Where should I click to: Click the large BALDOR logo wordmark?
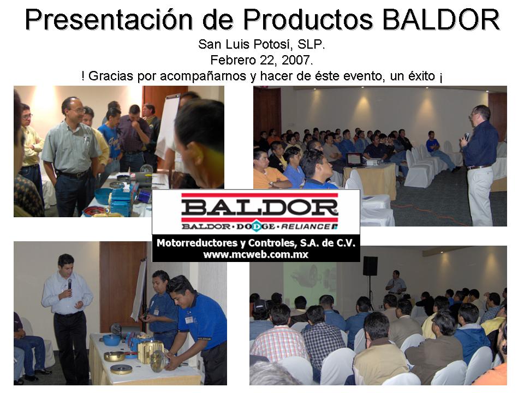(260, 208)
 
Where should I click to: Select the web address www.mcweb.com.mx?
(255, 254)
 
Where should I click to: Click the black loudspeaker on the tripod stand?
(370, 266)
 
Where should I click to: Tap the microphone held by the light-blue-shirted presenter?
(69, 284)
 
